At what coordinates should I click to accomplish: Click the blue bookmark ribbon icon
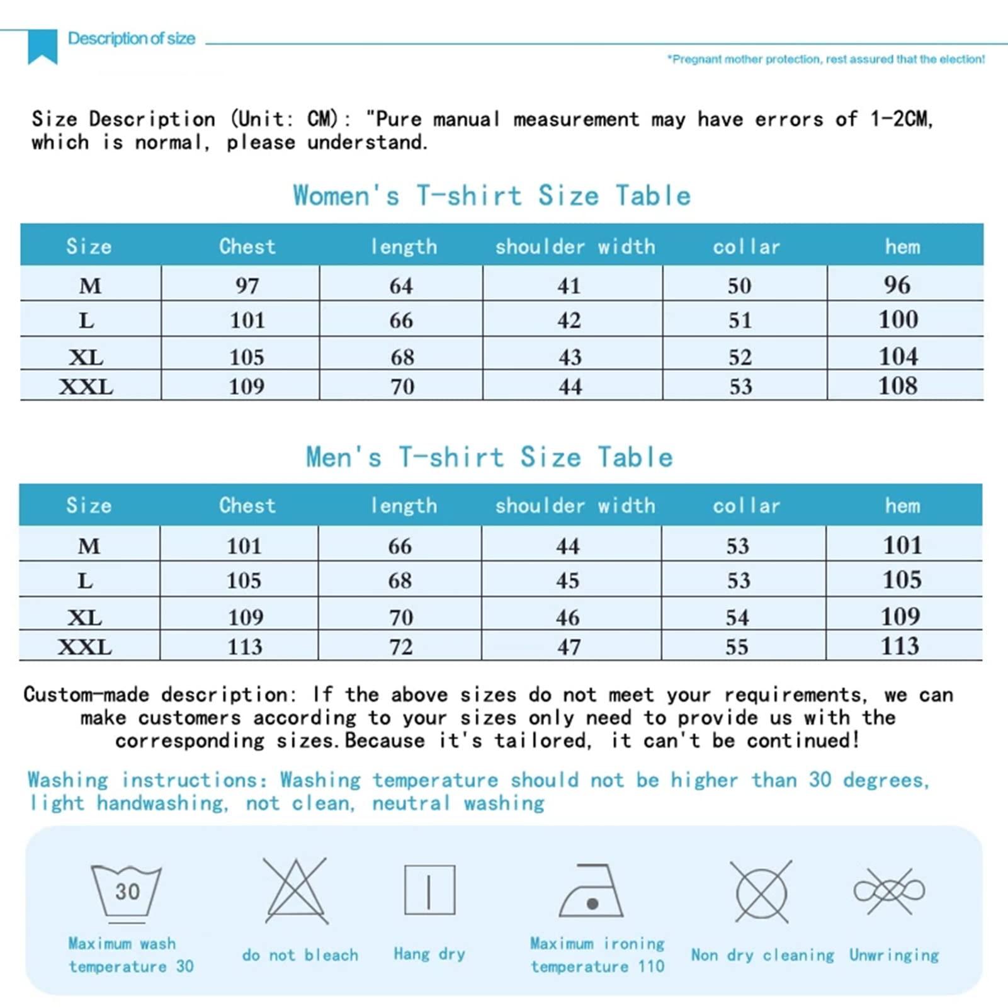43,46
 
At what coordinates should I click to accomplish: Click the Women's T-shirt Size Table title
492,196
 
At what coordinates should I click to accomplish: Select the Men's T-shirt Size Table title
489,457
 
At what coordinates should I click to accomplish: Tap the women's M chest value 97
247,286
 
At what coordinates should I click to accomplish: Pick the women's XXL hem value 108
898,385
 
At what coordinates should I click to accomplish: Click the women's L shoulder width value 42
569,320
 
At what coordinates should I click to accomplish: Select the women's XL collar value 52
740,357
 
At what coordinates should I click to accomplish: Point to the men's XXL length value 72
401,647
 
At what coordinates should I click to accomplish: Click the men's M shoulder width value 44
568,546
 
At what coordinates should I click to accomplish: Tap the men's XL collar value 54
737,617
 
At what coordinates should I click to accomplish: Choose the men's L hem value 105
902,579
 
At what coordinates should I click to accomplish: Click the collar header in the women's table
746,246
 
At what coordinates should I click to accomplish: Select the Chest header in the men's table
247,506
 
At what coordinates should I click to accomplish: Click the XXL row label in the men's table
85,647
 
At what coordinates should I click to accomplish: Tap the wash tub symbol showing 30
127,892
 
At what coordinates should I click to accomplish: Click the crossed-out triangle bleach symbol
296,890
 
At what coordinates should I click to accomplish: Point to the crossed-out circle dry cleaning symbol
761,892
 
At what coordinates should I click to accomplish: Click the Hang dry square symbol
429,890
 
